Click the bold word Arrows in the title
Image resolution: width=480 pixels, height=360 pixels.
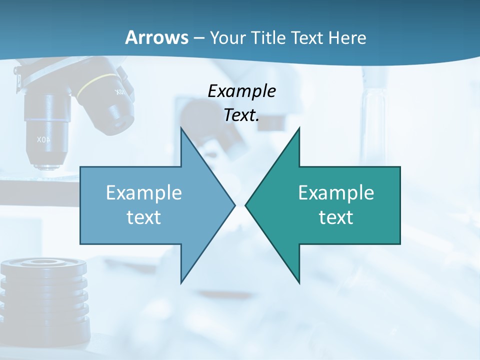pos(156,37)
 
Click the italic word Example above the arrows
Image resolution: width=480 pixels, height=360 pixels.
pos(241,91)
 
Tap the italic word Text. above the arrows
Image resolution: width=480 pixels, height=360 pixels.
pos(241,115)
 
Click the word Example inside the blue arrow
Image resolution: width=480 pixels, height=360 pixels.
pos(144,193)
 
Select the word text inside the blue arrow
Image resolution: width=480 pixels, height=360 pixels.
pos(144,217)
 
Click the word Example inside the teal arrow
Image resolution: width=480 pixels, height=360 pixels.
pos(336,193)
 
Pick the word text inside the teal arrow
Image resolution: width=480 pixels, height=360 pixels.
pos(336,217)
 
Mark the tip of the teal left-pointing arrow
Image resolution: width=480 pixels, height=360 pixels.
pos(246,205)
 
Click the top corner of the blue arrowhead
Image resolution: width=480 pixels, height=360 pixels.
pos(181,128)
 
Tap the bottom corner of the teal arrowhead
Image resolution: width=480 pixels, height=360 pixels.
pos(299,282)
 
